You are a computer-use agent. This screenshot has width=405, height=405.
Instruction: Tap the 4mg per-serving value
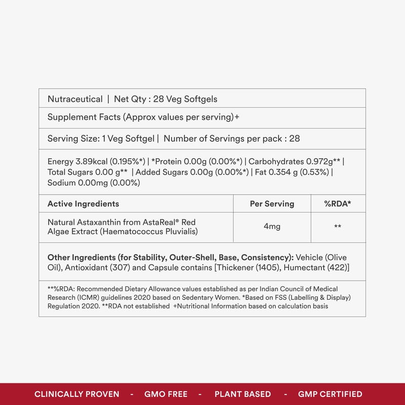tap(272, 226)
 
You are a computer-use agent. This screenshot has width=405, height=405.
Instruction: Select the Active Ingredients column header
tap(83, 204)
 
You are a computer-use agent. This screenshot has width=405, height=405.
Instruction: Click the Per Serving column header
tap(272, 204)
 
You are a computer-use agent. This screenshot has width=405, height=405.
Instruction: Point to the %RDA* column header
tap(338, 204)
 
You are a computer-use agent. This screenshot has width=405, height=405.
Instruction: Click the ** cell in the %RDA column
tap(338, 227)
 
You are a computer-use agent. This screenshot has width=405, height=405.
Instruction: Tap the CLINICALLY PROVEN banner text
tap(77, 394)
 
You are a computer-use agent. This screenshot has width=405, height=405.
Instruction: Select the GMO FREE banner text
tap(166, 394)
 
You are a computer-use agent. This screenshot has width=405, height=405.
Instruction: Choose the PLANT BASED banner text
tap(242, 394)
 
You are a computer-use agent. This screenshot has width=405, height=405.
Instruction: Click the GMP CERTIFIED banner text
tap(330, 394)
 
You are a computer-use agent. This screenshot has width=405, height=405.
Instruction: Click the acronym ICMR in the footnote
tap(85, 297)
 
